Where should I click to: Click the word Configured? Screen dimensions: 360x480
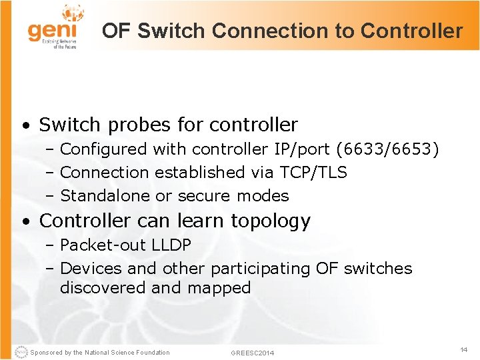click(x=104, y=149)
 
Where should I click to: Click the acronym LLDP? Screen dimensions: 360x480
click(x=171, y=245)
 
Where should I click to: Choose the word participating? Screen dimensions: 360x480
click(x=261, y=269)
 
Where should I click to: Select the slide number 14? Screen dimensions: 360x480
click(x=464, y=349)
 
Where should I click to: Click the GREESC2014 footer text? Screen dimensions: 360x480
click(x=252, y=353)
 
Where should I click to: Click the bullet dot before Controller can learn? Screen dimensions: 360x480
click(x=24, y=221)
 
